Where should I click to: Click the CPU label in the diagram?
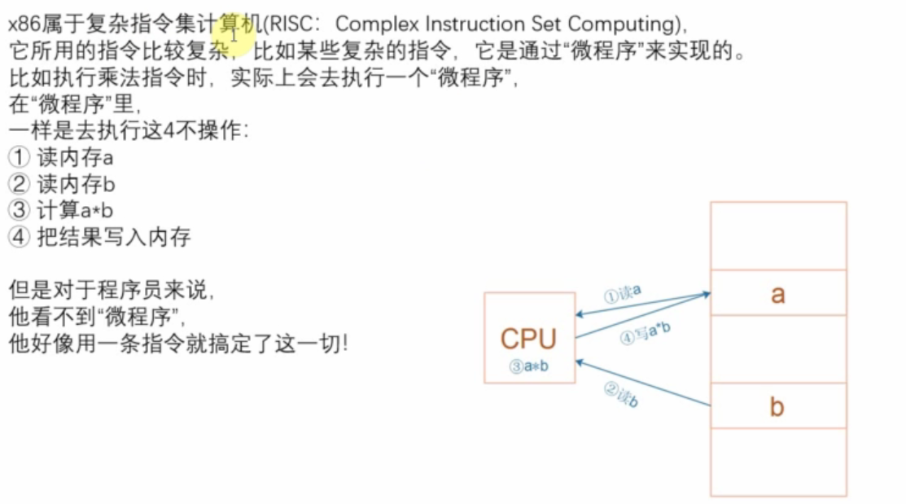click(x=528, y=339)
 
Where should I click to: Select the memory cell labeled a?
click(x=777, y=294)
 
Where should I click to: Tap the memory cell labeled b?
click(x=777, y=406)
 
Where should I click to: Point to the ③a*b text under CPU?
click(x=529, y=366)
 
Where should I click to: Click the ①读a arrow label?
click(x=623, y=293)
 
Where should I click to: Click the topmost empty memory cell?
click(x=777, y=236)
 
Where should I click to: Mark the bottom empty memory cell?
click(x=777, y=462)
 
